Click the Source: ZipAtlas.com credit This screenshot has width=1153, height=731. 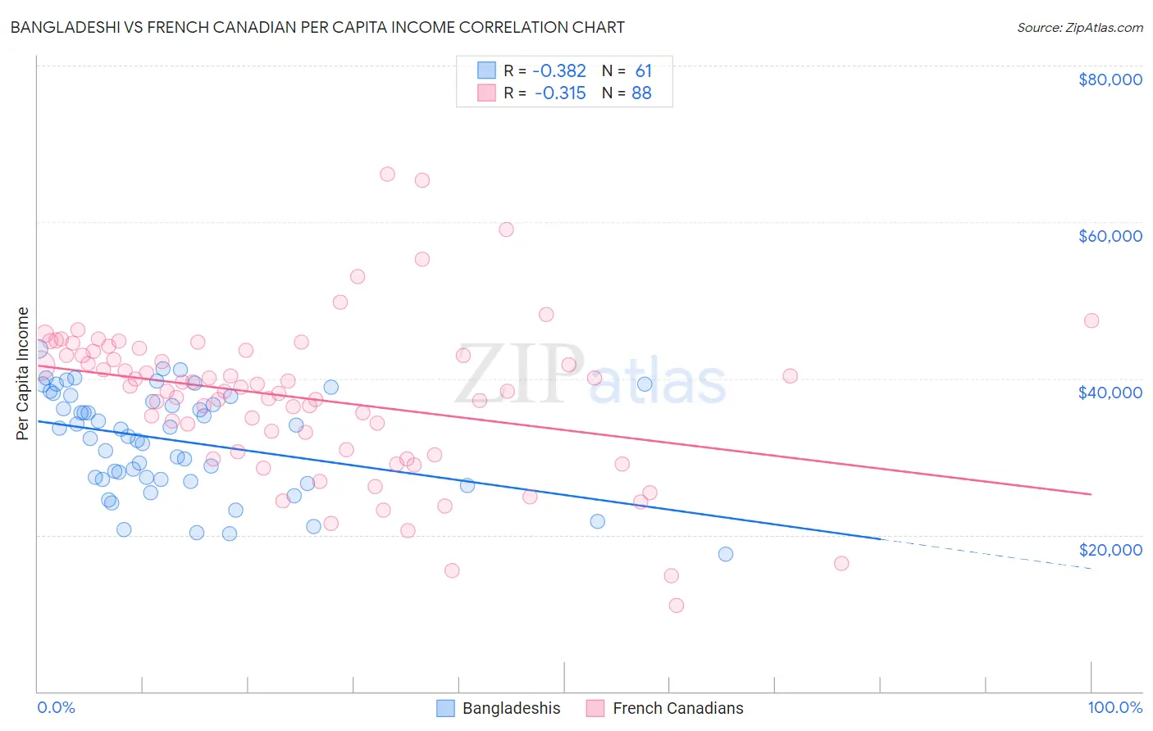tap(1079, 27)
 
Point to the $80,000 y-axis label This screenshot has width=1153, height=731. tap(1110, 79)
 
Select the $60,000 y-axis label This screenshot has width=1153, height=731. tap(1110, 236)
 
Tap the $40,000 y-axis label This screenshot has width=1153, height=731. tap(1110, 393)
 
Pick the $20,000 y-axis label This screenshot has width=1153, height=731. tap(1110, 549)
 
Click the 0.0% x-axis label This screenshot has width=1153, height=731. tap(56, 707)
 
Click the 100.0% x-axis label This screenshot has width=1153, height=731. tap(1114, 707)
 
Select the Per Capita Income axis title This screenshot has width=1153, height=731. tap(23, 374)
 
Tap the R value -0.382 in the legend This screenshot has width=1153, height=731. tap(560, 70)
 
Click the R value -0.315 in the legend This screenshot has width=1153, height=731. tap(560, 93)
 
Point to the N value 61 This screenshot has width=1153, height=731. tap(643, 70)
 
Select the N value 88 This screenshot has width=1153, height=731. tap(641, 93)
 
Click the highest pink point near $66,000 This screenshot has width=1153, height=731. tap(387, 174)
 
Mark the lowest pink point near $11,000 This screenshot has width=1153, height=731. tap(677, 606)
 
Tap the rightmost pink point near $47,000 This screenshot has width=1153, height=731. tap(1091, 320)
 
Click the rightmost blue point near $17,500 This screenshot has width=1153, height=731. tap(726, 554)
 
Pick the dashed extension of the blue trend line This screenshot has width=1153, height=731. tap(984, 554)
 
